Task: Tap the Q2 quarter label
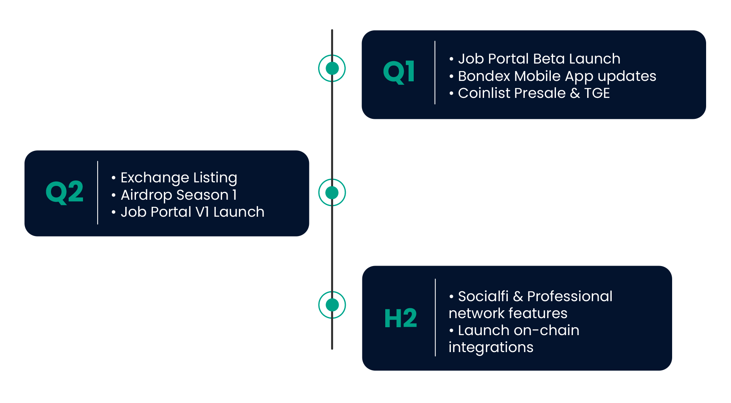coord(64,192)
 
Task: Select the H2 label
coord(401,318)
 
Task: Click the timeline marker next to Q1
coord(332,68)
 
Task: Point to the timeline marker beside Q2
coord(332,193)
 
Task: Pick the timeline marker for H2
coord(332,305)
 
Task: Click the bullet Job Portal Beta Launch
coord(535,59)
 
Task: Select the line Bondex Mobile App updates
coord(552,76)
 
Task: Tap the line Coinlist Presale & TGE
coord(529,93)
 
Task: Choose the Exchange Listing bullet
coord(174,178)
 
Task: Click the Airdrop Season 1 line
coord(174,195)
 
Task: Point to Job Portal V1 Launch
coord(188,212)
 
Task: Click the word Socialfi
coord(483,296)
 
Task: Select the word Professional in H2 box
coord(570,296)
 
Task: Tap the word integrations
coord(491,347)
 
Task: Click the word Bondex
coord(484,76)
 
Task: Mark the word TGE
coord(597,93)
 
